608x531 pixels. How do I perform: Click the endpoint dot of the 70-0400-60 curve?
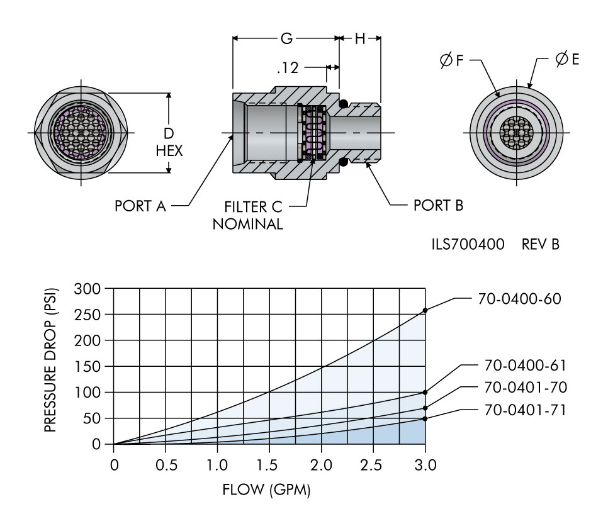point(425,310)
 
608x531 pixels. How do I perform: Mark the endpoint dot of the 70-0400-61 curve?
point(425,392)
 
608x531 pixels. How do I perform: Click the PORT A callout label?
point(140,206)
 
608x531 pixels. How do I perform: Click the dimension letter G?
point(286,38)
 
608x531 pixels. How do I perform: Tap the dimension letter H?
point(360,38)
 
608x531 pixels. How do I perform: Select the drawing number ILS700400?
point(464,243)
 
